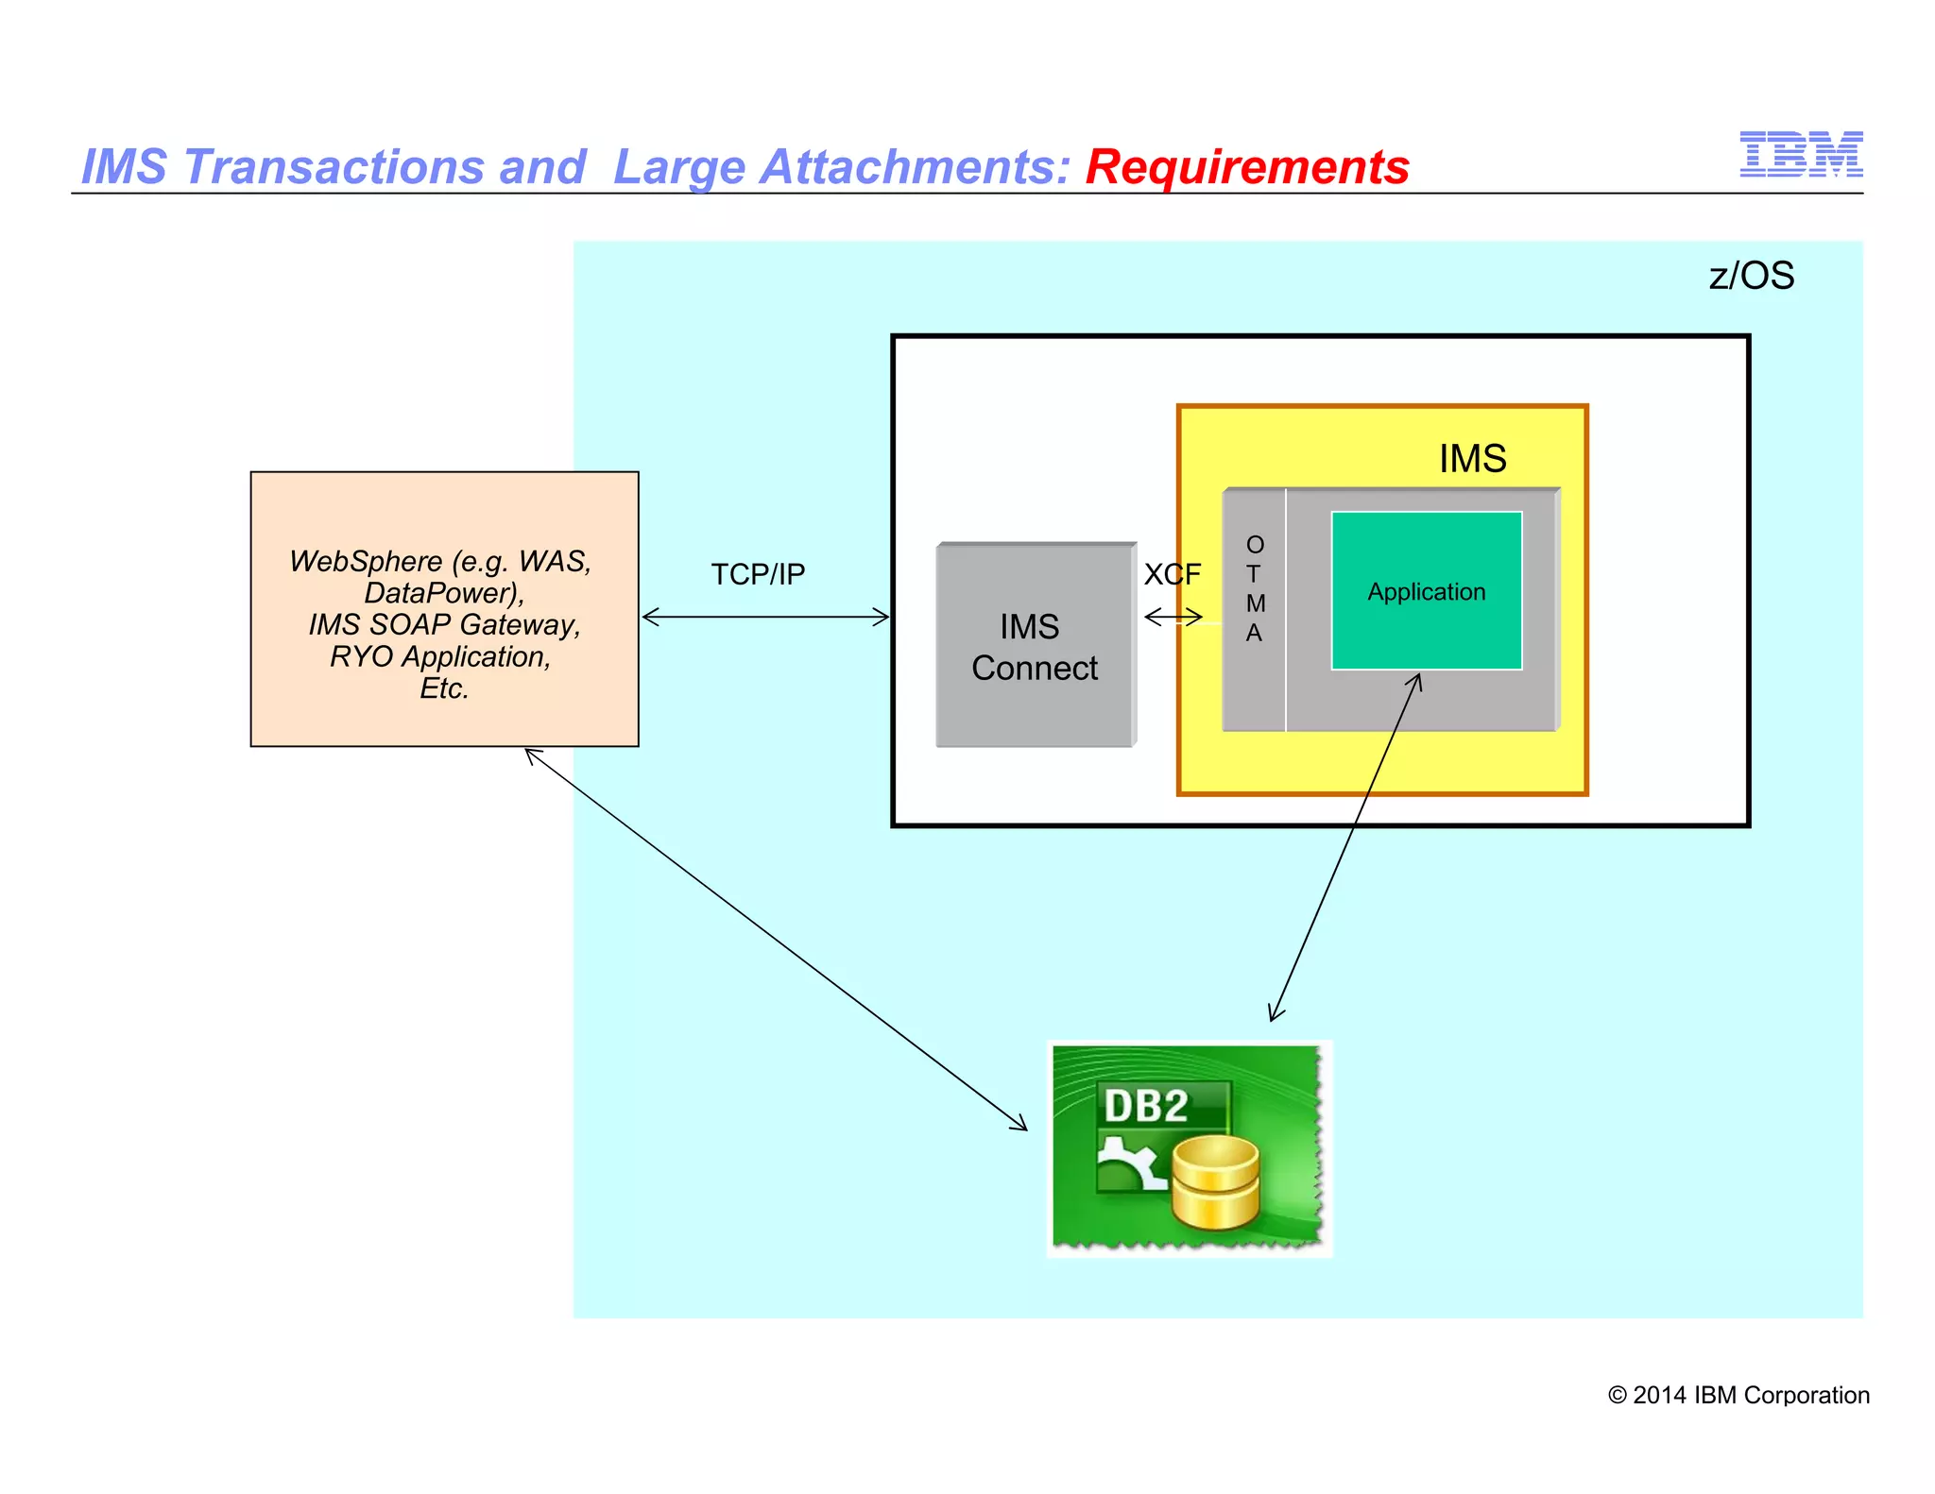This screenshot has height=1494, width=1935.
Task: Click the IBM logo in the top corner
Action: tap(1800, 155)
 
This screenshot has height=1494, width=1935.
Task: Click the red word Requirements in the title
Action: tap(1246, 167)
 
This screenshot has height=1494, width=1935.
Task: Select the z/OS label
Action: tap(1751, 276)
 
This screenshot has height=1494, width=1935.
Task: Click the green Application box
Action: tap(1426, 591)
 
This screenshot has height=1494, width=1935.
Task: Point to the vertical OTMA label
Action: tap(1254, 589)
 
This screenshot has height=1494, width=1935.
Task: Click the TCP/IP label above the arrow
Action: tap(758, 574)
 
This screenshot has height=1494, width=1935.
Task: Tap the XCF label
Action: tap(1172, 574)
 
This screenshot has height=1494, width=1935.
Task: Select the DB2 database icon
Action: tap(1189, 1147)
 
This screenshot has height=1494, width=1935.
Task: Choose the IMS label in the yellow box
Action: tap(1472, 459)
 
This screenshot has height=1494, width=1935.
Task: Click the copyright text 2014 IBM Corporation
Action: tap(1738, 1395)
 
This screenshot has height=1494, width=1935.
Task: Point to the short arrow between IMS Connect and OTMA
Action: tap(1173, 618)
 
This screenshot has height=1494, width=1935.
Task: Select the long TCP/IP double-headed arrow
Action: tap(765, 618)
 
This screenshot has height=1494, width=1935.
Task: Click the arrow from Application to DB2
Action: tap(1345, 847)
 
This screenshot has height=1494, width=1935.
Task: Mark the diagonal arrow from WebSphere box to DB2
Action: tap(775, 939)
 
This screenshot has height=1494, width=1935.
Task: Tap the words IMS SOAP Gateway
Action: tap(444, 625)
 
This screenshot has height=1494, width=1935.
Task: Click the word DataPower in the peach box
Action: tap(441, 593)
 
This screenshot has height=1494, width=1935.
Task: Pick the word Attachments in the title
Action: tap(914, 167)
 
